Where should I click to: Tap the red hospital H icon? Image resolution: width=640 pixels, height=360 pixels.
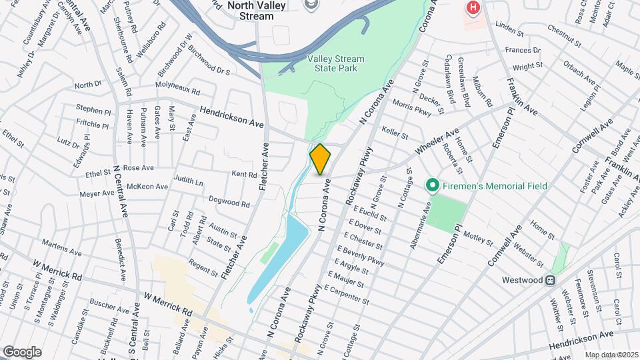[473, 8]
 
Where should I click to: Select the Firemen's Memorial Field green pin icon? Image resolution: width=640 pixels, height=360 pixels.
[431, 185]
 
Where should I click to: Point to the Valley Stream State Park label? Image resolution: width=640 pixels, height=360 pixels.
[337, 63]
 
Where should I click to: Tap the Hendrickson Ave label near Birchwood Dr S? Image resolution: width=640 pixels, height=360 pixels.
[231, 117]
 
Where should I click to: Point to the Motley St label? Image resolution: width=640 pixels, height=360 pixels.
[477, 237]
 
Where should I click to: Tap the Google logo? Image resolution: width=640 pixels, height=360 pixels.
[21, 351]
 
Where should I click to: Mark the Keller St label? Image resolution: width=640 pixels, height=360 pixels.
[394, 133]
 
